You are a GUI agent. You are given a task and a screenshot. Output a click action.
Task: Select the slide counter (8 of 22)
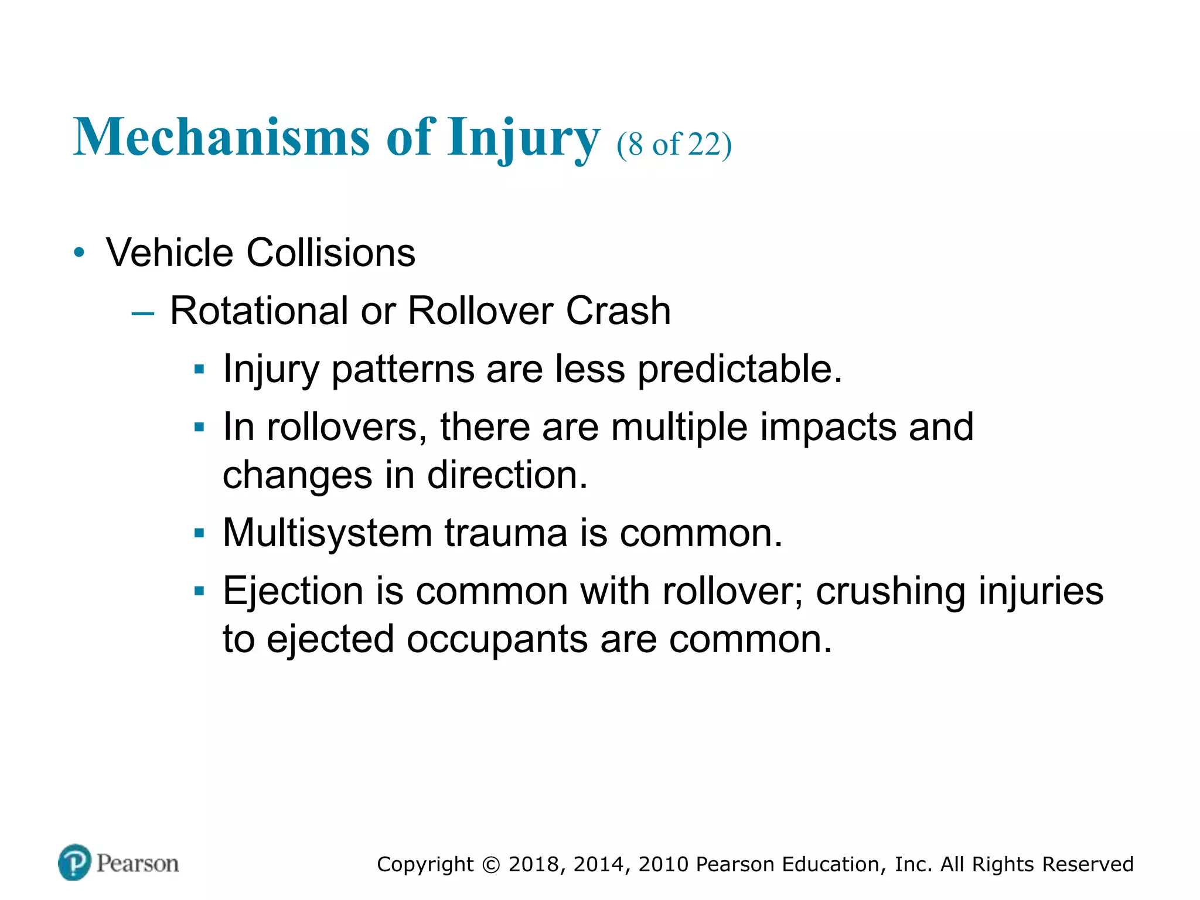(x=674, y=144)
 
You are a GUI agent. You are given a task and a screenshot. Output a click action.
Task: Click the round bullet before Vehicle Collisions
(x=80, y=253)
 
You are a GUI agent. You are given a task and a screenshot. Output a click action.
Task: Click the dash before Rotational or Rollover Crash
(x=143, y=313)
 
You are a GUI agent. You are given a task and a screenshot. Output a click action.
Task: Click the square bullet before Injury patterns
(x=199, y=370)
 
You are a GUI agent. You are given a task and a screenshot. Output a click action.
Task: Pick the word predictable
(x=739, y=369)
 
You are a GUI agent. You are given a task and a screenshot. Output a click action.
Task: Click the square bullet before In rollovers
(x=199, y=427)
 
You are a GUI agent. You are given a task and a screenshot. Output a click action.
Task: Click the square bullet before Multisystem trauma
(x=199, y=533)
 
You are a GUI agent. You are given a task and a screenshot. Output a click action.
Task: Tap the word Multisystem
(x=328, y=533)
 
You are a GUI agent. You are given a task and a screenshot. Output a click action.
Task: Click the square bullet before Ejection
(x=199, y=591)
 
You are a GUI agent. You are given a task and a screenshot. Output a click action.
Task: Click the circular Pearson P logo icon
(x=75, y=862)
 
